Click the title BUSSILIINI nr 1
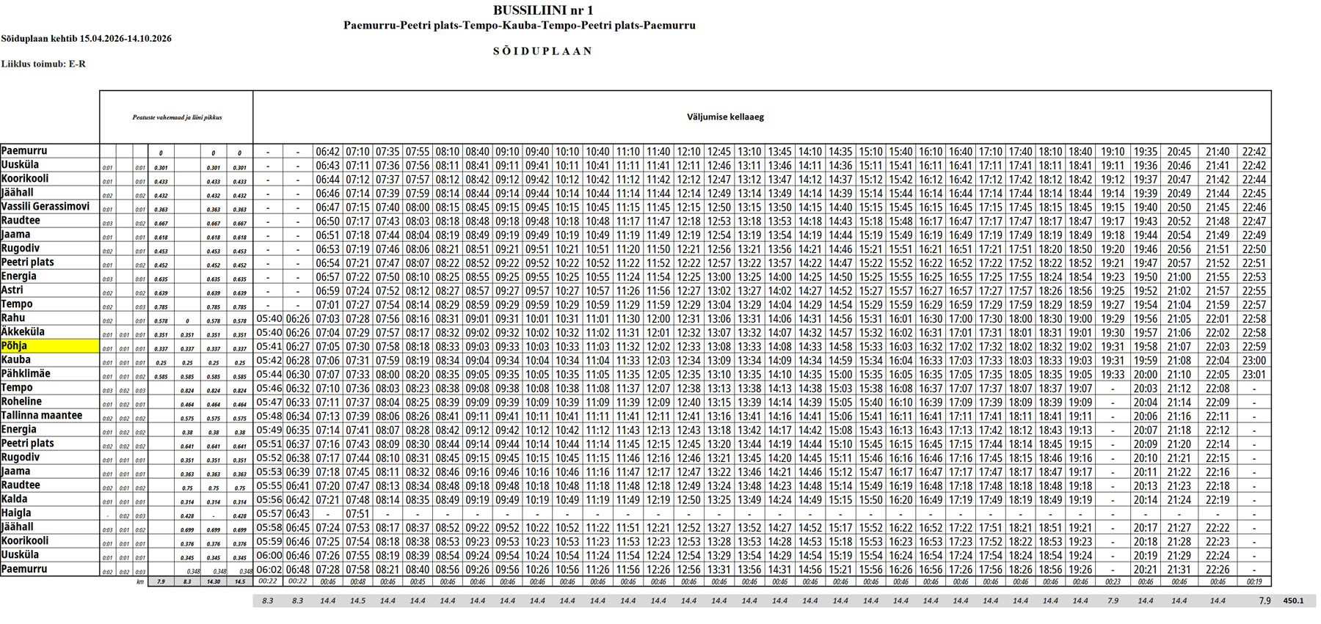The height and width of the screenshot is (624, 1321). [x=543, y=10]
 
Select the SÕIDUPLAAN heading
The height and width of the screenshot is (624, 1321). [x=543, y=51]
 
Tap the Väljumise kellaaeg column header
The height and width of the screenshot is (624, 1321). [x=725, y=117]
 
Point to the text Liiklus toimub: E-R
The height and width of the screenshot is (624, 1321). [x=43, y=64]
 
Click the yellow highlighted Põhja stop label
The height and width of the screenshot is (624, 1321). [x=15, y=346]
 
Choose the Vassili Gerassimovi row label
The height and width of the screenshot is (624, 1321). [x=46, y=207]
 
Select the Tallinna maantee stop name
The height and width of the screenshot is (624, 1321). [x=42, y=416]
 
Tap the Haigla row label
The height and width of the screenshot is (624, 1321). [x=16, y=513]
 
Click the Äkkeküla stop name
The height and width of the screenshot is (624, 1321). [x=23, y=332]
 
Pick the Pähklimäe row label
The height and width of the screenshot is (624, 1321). [x=26, y=374]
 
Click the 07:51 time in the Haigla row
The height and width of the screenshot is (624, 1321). [x=357, y=514]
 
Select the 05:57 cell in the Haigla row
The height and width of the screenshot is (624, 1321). [x=269, y=514]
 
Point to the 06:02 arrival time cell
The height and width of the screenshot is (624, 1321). [x=269, y=570]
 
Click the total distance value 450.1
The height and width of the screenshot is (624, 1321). [x=1293, y=601]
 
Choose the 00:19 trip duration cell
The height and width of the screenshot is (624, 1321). [x=1254, y=581]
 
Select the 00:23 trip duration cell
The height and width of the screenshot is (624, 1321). [x=1113, y=581]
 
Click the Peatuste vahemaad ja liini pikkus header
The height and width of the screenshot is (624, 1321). [x=177, y=117]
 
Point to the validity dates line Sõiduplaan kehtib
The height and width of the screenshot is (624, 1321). [x=86, y=38]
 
